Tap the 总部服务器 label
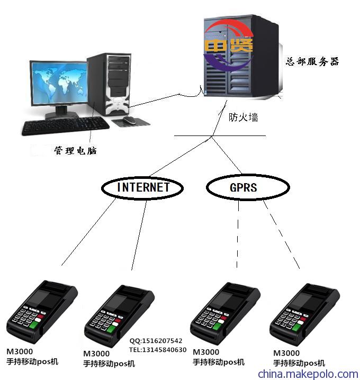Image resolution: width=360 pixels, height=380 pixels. coord(312,61)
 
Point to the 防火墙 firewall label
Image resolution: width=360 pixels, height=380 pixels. coord(243,117)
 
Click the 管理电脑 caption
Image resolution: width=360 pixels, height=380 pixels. coord(75,150)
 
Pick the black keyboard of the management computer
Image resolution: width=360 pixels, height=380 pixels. coord(66,126)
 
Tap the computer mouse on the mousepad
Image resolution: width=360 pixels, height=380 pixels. coord(129,120)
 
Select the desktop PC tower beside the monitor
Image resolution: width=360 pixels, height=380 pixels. coord(109,84)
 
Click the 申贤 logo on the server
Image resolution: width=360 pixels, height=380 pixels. coord(228,46)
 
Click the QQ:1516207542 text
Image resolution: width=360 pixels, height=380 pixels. coord(156,341)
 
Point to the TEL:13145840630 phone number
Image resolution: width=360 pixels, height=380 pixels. coord(158,350)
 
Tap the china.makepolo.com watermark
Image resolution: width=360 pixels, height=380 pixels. coord(308,374)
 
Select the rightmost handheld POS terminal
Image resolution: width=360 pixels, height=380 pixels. coord(305,314)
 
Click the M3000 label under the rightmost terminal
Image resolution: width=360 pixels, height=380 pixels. coord(286,353)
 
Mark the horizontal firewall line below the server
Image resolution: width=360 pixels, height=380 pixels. coord(220,135)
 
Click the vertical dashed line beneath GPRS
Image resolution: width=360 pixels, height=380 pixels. coord(238,234)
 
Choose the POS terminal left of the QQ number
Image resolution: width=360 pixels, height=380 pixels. coord(119,316)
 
